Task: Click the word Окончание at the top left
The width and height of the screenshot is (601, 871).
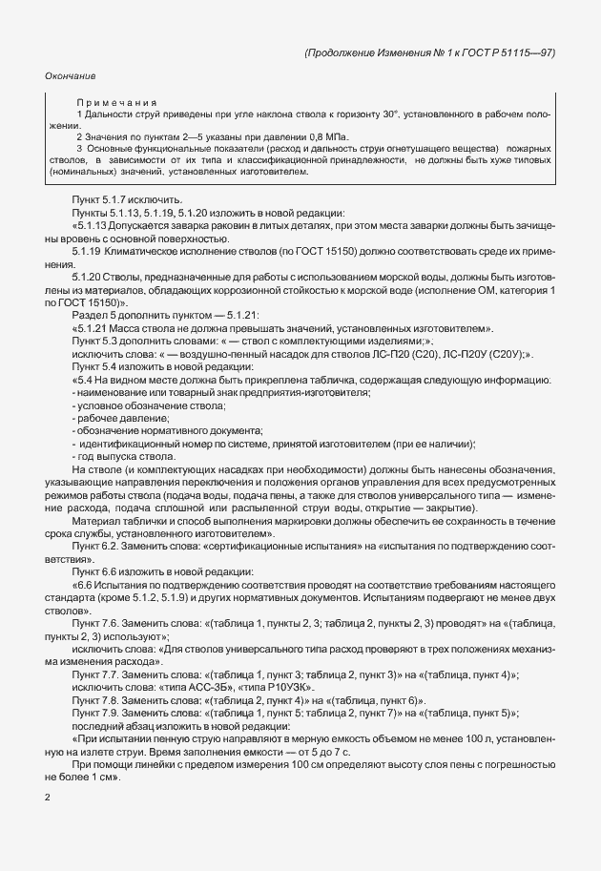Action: pos(70,75)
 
